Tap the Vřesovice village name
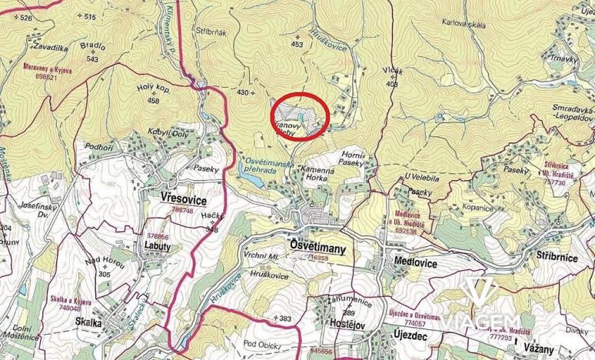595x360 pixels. coord(184,198)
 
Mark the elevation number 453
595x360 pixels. coord(297,45)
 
